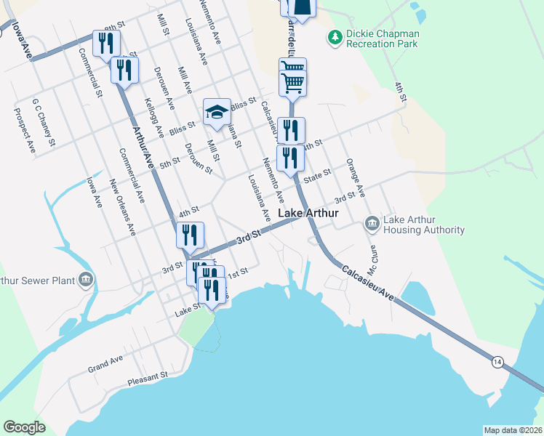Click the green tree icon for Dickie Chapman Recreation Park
pos(335,36)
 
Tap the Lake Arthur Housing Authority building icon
pos(372,223)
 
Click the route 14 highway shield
pos(497,362)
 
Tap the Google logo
pos(25,427)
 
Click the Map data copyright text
pos(513,430)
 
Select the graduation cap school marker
pos(216,112)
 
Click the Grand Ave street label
pos(105,362)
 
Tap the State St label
pos(317,176)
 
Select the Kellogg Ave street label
pos(154,119)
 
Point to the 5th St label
pos(169,163)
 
